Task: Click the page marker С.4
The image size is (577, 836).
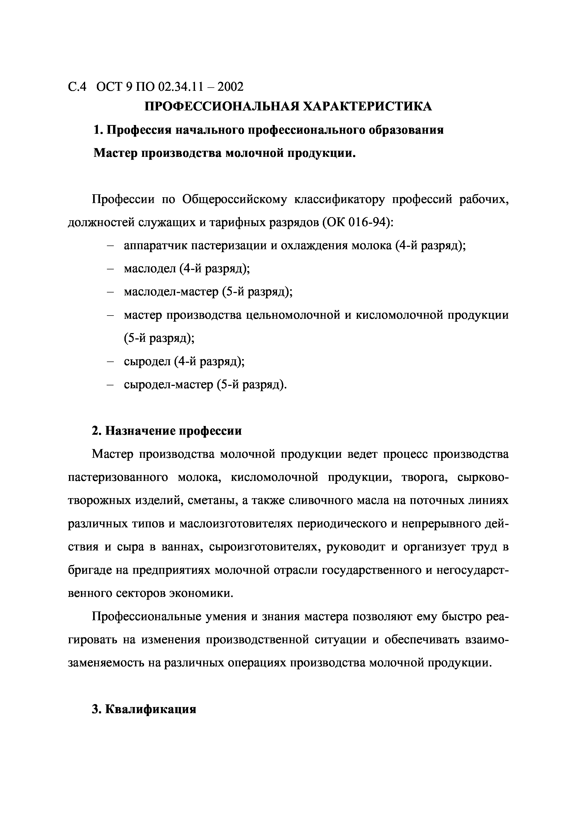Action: (x=77, y=87)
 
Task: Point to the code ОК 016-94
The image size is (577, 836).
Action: (x=356, y=222)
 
